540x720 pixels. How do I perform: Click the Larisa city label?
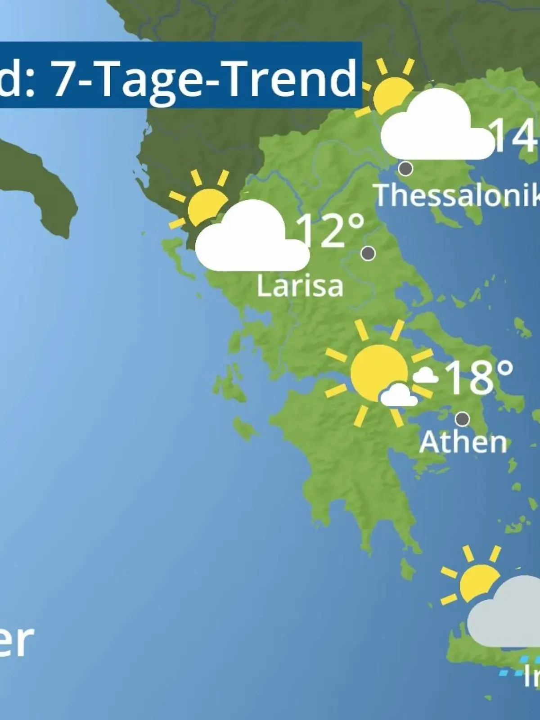coord(300,285)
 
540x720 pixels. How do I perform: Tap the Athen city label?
coord(463,442)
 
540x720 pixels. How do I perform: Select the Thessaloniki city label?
coord(457,195)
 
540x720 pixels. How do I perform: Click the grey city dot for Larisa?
coord(368,253)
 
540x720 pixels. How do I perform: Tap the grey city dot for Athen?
coord(462,419)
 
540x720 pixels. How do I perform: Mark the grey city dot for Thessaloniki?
coord(406,169)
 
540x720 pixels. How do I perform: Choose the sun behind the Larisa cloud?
coord(205,205)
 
